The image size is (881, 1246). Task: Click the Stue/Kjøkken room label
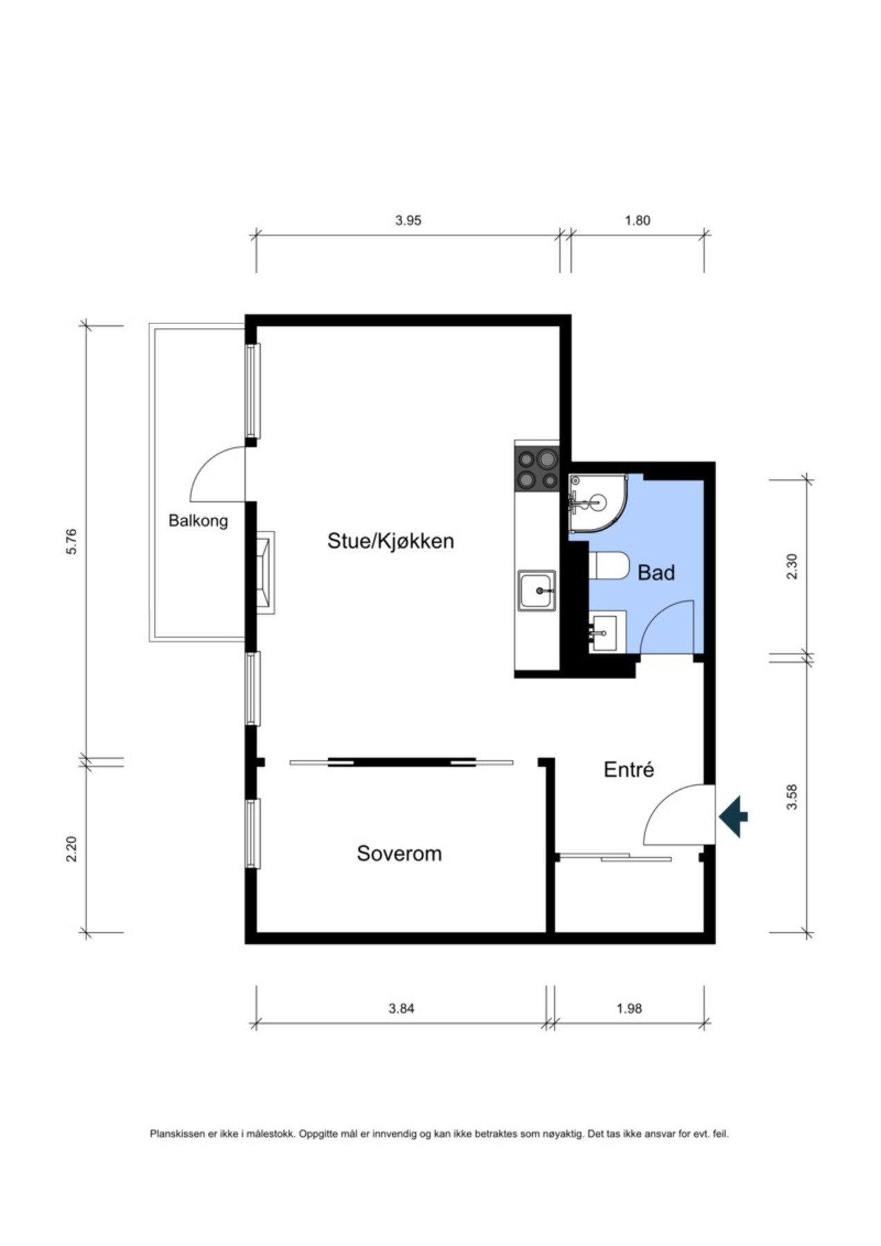tap(390, 541)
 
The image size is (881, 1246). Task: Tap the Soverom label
tap(399, 853)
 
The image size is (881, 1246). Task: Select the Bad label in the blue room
tap(655, 572)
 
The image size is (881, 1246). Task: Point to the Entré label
tap(628, 770)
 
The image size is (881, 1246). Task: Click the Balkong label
tap(198, 520)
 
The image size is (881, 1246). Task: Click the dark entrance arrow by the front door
tap(734, 817)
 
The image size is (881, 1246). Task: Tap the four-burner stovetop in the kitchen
tap(537, 469)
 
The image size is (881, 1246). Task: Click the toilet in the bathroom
tap(609, 565)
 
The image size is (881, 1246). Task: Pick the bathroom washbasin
tap(607, 631)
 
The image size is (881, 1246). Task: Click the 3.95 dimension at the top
tap(408, 221)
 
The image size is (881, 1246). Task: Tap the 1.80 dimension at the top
tap(637, 221)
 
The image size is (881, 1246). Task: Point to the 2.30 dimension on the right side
tap(793, 566)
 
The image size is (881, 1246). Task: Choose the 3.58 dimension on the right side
tap(793, 796)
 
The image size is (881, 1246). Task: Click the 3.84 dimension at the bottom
tap(401, 1009)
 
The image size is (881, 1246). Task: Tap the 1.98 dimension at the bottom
tap(629, 1009)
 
